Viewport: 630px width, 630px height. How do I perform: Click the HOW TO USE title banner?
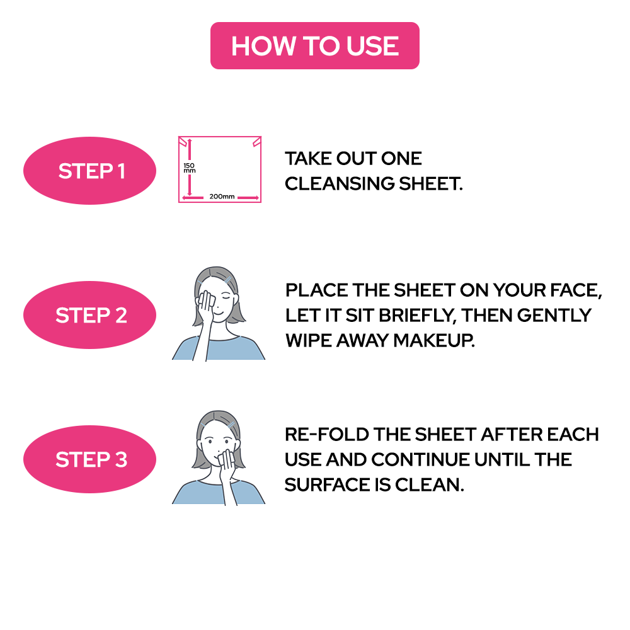coord(314,46)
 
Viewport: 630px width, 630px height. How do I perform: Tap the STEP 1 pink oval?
coord(89,171)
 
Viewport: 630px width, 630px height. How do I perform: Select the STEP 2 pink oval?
coord(89,315)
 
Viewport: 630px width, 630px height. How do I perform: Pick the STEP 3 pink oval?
coord(89,459)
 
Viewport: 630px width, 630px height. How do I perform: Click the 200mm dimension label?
coord(222,197)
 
